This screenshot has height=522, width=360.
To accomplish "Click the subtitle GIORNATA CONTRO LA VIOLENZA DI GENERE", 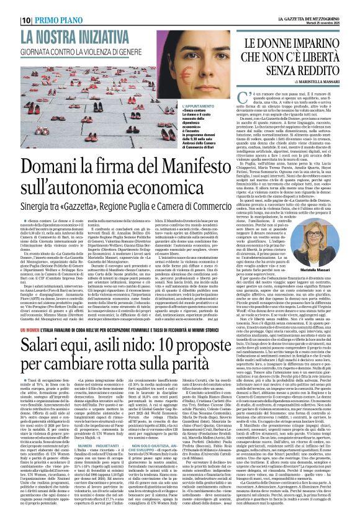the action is pos(81,52).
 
